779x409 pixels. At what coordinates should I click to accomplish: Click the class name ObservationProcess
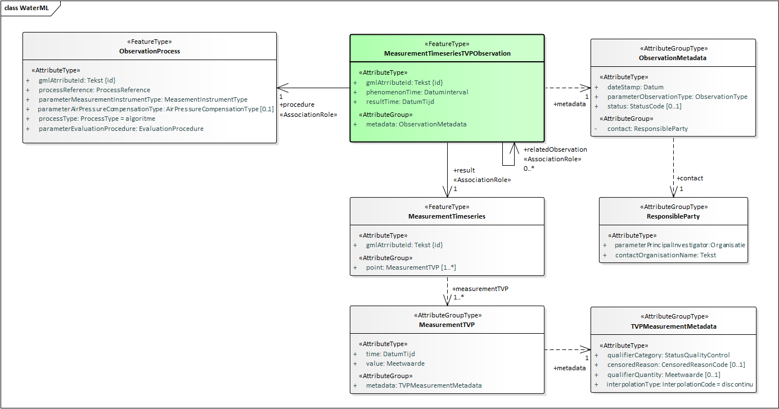[150, 51]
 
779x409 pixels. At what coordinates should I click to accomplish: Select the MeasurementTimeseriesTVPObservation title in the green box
[447, 53]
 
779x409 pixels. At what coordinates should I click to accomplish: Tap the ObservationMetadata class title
[673, 58]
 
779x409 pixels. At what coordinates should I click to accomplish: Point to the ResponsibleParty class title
[673, 216]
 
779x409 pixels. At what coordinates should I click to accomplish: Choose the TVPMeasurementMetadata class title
[673, 326]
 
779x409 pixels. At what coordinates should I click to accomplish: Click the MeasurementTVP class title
[447, 325]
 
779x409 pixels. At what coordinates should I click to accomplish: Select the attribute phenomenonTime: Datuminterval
[417, 92]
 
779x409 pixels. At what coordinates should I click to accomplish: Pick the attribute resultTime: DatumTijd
[400, 102]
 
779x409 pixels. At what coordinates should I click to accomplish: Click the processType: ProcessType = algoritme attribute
[96, 119]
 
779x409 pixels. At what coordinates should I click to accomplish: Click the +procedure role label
[297, 104]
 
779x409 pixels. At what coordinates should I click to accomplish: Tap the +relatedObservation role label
[555, 149]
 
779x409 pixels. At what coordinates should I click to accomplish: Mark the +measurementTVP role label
[480, 288]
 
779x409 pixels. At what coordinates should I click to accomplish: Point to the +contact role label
[690, 178]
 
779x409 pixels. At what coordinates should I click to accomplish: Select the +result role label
[464, 170]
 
